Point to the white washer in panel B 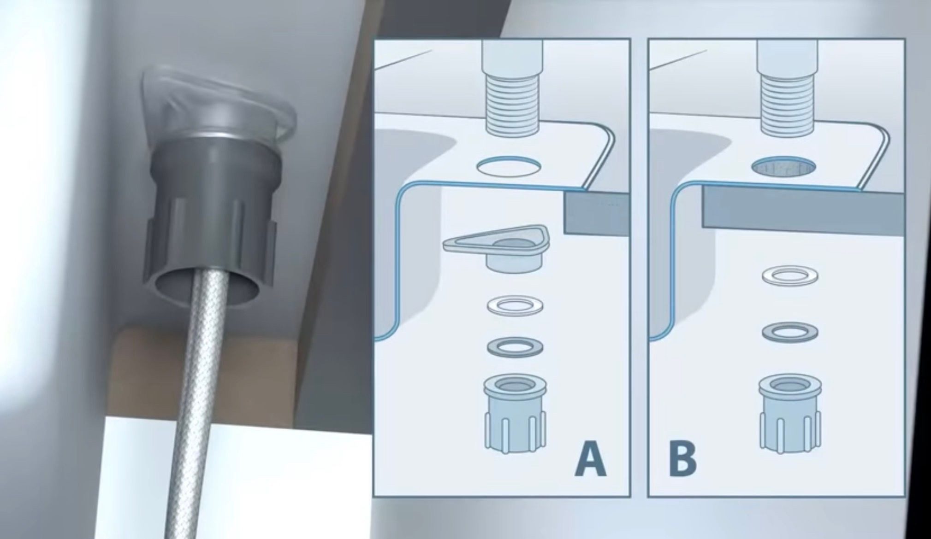click(x=790, y=275)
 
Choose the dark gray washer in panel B click(x=790, y=332)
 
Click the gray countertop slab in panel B click(x=802, y=207)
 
